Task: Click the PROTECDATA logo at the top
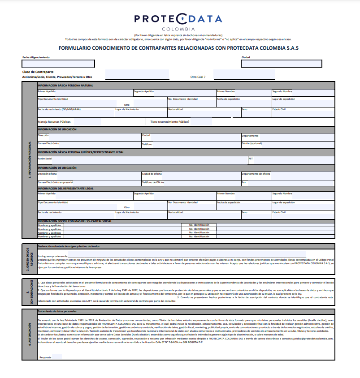pos(178,18)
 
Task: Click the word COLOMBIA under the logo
pos(178,29)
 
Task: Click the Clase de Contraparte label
pos(38,72)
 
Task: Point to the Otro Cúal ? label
pos(198,77)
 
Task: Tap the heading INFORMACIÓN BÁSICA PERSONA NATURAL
pos(65,85)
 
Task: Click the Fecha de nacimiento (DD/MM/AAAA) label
pos(59,109)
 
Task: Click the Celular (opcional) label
pos(252,144)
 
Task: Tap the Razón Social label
pos(45,159)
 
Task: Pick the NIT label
pos(251,159)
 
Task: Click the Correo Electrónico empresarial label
pos(56,182)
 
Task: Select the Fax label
pos(244,182)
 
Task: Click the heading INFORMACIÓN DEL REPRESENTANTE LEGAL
pos(65,189)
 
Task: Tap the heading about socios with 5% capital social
pos(74,221)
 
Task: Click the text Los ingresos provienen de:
pos(52,256)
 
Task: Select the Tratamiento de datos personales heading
pos(57,312)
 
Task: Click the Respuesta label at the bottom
pos(45,357)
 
